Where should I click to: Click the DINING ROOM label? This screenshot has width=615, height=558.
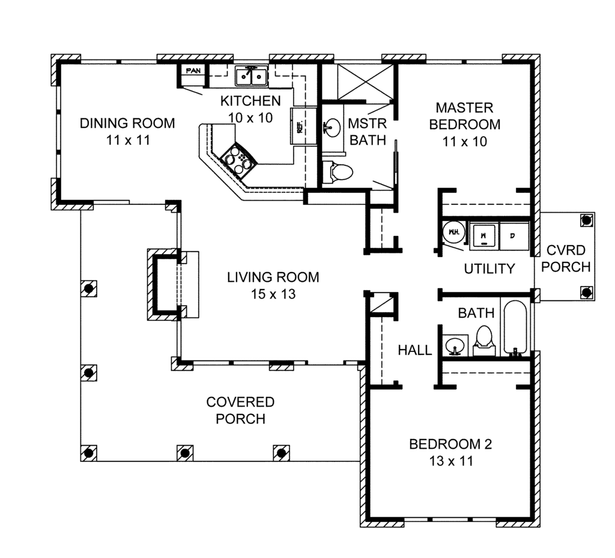127,124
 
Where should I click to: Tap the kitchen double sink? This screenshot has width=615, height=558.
252,76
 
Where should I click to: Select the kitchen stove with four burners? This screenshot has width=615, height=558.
238,160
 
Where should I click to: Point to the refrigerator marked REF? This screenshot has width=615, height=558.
300,126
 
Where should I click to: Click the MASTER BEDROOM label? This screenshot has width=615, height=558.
464,116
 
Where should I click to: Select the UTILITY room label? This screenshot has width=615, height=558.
489,269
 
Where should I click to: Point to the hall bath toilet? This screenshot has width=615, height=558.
484,338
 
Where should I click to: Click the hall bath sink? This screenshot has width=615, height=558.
454,345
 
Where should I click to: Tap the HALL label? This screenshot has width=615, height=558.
414,350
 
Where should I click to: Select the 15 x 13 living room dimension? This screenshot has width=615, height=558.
273,294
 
